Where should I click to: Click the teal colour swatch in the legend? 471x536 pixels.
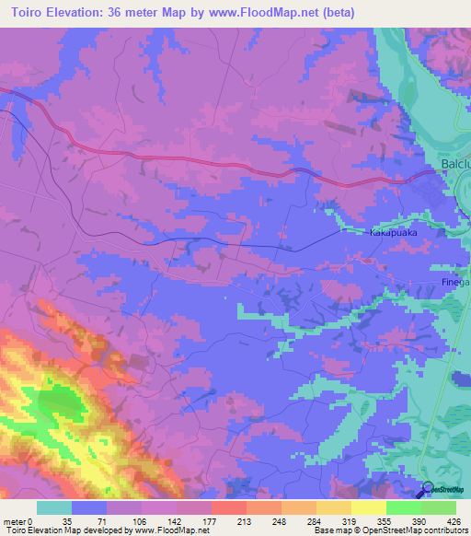[x=54, y=507]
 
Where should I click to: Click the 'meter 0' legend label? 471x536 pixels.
[x=18, y=521]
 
